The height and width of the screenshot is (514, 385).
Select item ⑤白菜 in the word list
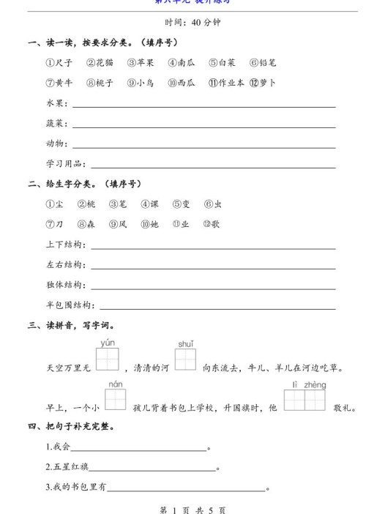click(x=223, y=63)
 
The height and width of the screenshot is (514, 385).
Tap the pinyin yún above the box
click(x=108, y=343)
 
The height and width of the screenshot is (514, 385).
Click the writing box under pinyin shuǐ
click(x=186, y=360)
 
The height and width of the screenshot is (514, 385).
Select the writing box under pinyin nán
click(x=116, y=400)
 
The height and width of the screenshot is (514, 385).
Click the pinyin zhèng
click(x=314, y=385)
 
